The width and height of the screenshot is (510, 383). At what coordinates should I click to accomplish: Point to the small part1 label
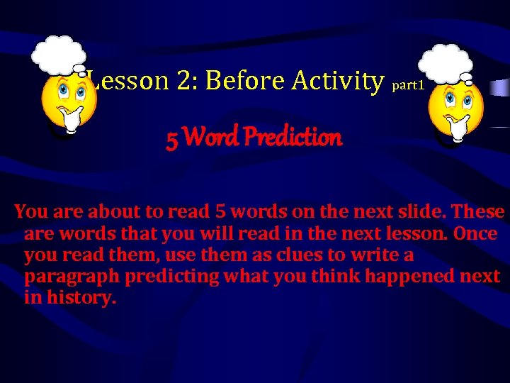pos(407,85)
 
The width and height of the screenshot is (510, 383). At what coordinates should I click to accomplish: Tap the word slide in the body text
pos(425,212)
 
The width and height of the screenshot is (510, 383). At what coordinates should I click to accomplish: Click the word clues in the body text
pos(306,255)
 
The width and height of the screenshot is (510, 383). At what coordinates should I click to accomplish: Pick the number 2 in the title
pos(188,81)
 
